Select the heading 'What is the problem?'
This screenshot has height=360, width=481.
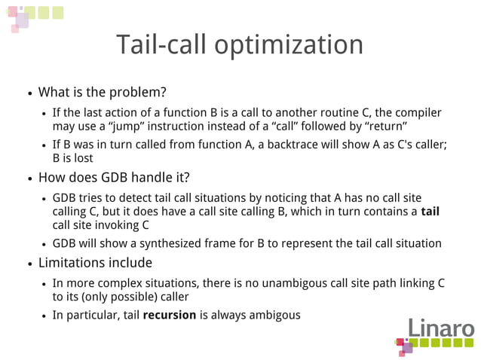pyautogui.click(x=102, y=93)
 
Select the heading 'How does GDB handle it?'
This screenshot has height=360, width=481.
pyautogui.click(x=113, y=178)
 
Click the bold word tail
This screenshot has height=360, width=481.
pyautogui.click(x=430, y=212)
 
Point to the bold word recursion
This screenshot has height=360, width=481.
pyautogui.click(x=170, y=315)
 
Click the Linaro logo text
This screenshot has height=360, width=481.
pyautogui.click(x=441, y=330)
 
